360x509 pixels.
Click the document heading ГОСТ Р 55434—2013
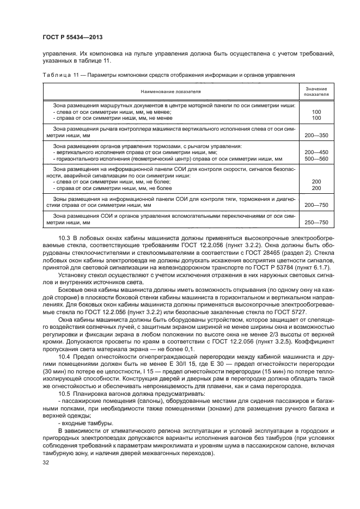click(72, 37)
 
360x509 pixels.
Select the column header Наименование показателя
click(171, 92)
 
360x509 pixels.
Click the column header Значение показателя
click(316, 91)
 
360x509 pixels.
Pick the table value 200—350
click(316, 134)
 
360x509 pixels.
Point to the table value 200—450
click(316, 152)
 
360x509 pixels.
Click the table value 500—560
click(316, 158)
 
